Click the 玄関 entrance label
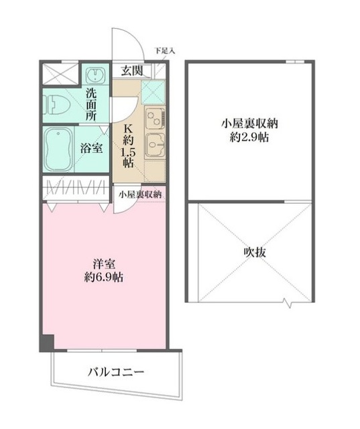click(x=131, y=70)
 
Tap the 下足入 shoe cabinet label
click(x=164, y=50)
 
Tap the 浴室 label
click(x=92, y=148)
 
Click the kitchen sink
click(x=156, y=143)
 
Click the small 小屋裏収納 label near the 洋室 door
click(x=140, y=194)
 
